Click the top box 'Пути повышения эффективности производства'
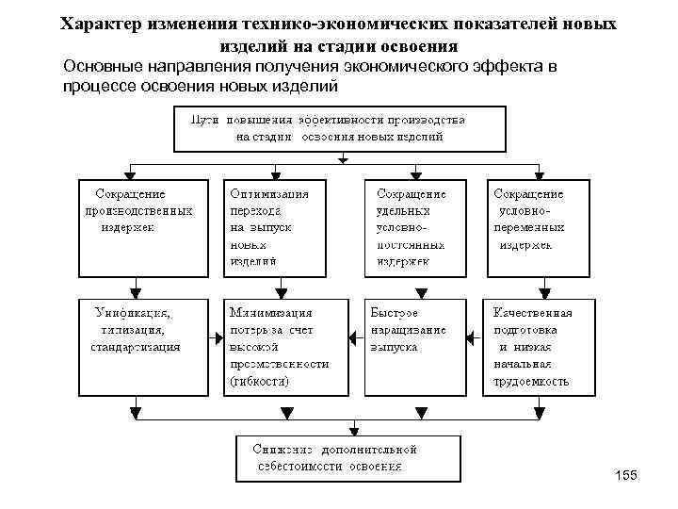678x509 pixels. [x=339, y=128]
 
